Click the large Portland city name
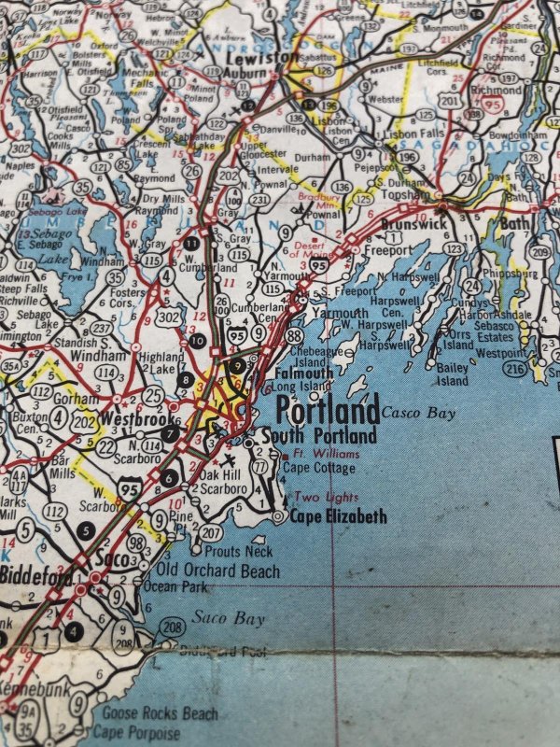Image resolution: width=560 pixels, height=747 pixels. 328,410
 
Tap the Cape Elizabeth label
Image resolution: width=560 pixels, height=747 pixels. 338,515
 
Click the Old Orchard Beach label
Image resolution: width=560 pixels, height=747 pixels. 217,570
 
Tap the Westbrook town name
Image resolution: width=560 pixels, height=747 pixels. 127,418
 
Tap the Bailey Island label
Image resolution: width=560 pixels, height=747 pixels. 453,374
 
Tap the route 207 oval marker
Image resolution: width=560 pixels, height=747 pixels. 211,532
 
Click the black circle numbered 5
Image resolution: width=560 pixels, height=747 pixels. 88,531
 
